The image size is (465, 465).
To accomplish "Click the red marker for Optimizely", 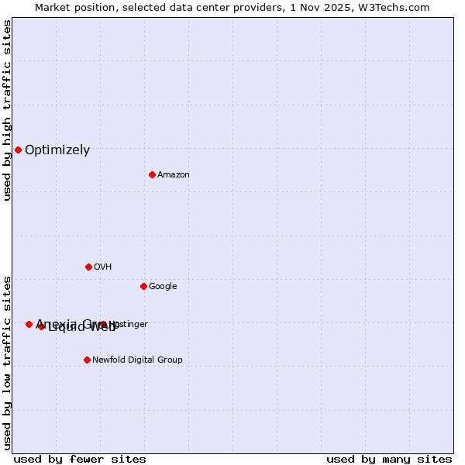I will click(18, 150).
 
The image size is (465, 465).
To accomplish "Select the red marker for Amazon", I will click(152, 174).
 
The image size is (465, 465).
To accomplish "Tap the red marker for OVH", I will click(88, 267).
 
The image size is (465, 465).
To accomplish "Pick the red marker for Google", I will click(143, 286).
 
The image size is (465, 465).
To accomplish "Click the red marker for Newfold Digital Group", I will click(87, 360).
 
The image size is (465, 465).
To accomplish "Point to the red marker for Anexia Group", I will click(29, 324).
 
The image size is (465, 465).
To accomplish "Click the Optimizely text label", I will click(57, 150).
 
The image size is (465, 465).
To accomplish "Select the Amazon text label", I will click(174, 175).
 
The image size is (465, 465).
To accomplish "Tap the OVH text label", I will click(103, 267).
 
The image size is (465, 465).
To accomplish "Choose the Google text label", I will click(163, 287).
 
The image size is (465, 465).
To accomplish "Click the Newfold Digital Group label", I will click(137, 360).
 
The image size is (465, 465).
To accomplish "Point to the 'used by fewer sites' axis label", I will click(80, 459).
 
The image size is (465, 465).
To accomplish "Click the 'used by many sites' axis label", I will click(389, 459).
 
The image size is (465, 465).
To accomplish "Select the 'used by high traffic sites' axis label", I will click(7, 110).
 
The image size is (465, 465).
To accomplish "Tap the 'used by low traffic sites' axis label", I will click(7, 362).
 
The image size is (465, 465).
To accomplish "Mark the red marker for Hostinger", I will click(103, 324).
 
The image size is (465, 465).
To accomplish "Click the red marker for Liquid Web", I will click(41, 326).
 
